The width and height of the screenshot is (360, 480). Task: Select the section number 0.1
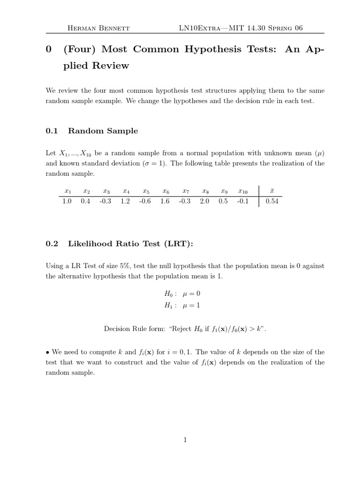tap(52, 131)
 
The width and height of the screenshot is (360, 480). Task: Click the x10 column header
tap(243, 191)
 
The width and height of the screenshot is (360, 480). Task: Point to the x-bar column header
tap(272, 191)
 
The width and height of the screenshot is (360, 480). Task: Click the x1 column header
tap(67, 191)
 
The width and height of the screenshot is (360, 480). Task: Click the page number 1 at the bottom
tap(185, 440)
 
